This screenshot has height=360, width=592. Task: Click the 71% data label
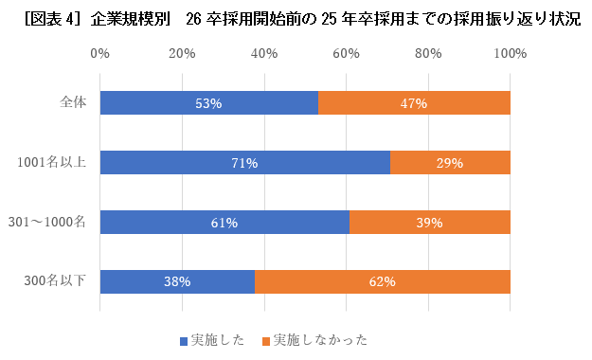[245, 163]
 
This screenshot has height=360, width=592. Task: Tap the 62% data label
[382, 281]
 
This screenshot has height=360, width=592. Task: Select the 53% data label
[208, 102]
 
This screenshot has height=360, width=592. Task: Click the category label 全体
[73, 102]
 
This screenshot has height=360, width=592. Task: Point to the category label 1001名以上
[53, 163]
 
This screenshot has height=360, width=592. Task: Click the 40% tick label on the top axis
[264, 54]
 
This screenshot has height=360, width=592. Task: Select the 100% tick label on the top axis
[510, 54]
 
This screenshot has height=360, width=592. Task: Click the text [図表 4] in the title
[46, 19]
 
